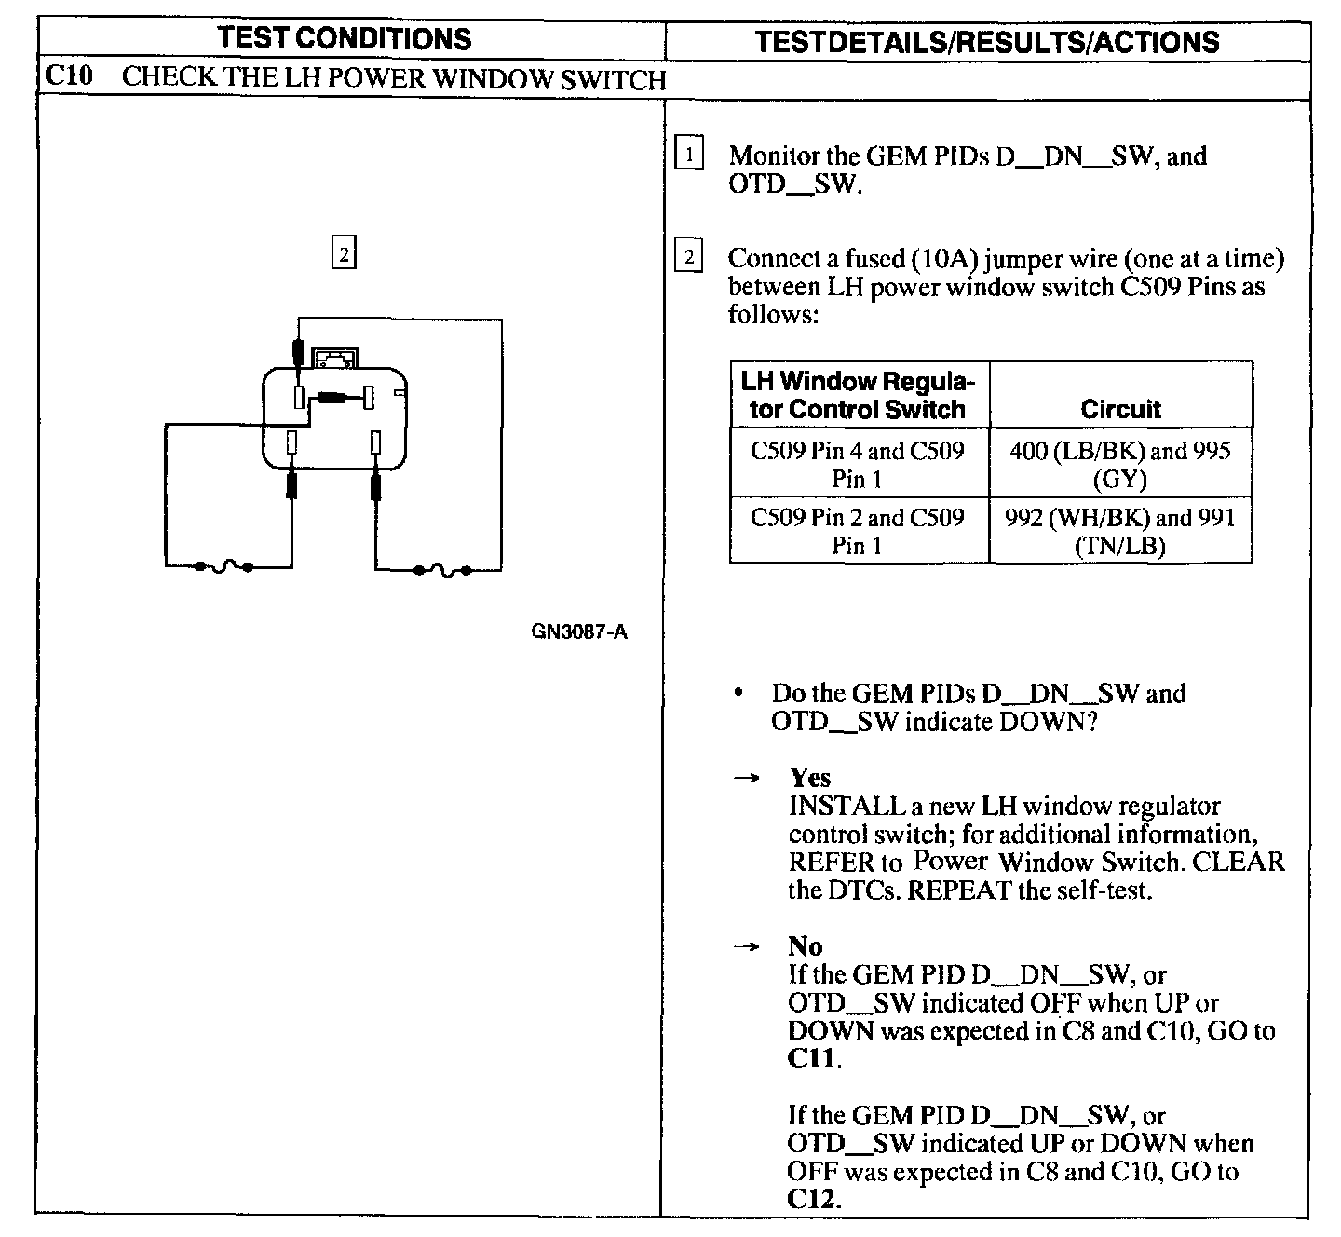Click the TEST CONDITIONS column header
coord(344,39)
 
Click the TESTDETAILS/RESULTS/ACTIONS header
coord(986,42)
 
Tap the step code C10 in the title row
coord(69,76)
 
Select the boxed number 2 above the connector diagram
coord(344,253)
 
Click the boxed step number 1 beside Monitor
coord(688,154)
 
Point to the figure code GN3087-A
coord(579,632)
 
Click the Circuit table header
coord(1120,409)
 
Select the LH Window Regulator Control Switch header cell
coord(858,395)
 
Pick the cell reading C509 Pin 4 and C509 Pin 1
coord(858,464)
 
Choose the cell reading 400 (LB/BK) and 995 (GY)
coord(1120,464)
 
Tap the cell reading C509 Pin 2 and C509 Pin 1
coord(858,531)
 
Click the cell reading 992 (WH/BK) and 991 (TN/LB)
coord(1120,531)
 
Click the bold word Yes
coord(809,777)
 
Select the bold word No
coord(805,946)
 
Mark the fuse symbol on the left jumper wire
coord(223,566)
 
